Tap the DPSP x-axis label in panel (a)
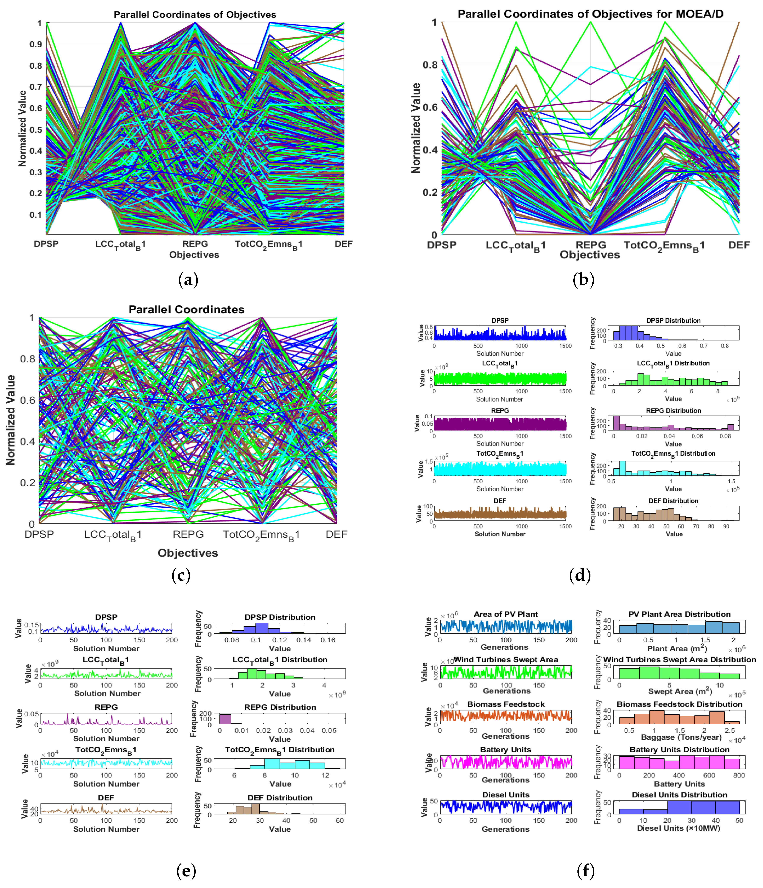pos(46,244)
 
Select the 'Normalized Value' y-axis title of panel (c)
pos(10,420)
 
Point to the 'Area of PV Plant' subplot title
pos(505,614)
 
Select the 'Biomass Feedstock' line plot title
pos(506,704)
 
